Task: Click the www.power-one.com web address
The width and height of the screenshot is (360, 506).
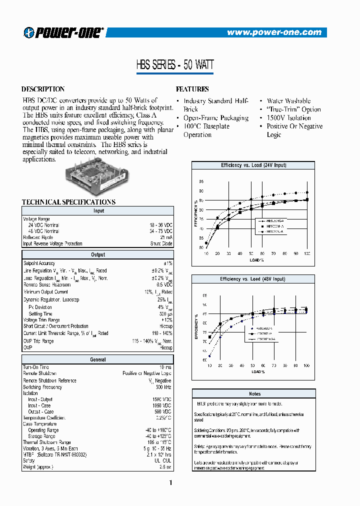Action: [274, 32]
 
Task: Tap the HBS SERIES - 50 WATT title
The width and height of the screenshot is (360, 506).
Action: [175, 65]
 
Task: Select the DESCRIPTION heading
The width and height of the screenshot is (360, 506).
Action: [43, 89]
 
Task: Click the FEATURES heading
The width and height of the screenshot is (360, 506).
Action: [192, 89]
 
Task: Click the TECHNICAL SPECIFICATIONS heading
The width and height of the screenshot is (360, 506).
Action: [68, 202]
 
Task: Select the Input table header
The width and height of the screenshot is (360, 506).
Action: [98, 211]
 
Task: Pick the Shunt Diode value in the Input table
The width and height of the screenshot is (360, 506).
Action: [161, 244]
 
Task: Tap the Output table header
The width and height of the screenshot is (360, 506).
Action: [98, 255]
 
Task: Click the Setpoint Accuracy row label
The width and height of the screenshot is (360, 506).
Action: [39, 263]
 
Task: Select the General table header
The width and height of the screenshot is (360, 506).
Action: [98, 359]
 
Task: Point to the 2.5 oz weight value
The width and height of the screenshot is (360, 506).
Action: [165, 466]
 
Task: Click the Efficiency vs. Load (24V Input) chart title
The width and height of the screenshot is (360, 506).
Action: [253, 165]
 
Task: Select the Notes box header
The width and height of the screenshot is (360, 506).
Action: [254, 394]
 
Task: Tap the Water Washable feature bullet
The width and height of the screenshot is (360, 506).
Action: [288, 101]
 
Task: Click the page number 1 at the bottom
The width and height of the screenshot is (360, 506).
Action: [171, 483]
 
